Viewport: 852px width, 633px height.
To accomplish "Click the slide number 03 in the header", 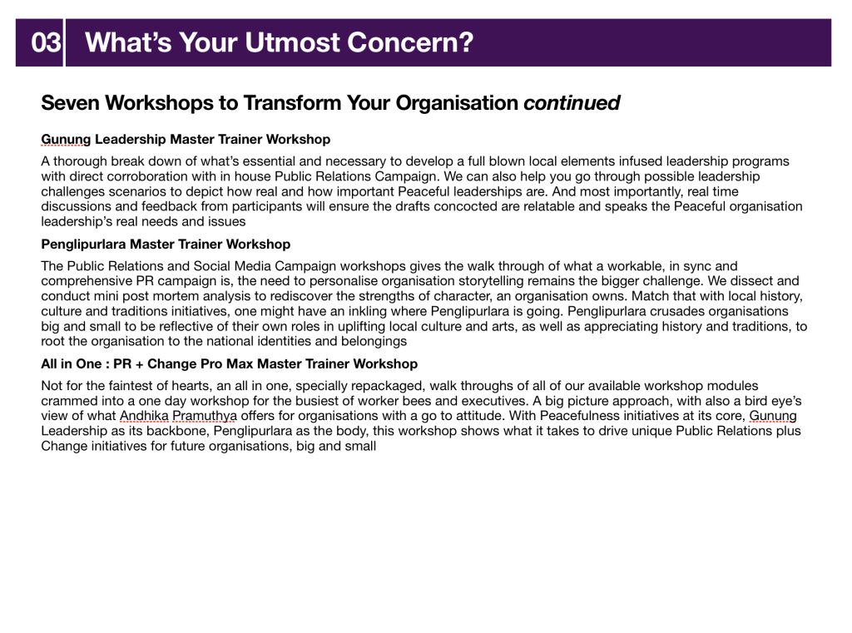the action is coord(46,42).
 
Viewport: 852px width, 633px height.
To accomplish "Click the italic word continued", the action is coord(572,102).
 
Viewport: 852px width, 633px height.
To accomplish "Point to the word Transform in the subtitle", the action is coord(291,102).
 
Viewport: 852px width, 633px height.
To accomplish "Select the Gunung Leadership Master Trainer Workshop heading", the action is coord(186,140).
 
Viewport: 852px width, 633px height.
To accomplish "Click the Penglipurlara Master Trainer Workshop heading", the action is coord(166,245).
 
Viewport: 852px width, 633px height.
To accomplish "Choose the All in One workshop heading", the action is coord(230,364).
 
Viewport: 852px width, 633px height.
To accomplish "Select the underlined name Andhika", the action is coord(144,416).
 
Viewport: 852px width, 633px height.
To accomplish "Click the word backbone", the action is coord(176,431).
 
